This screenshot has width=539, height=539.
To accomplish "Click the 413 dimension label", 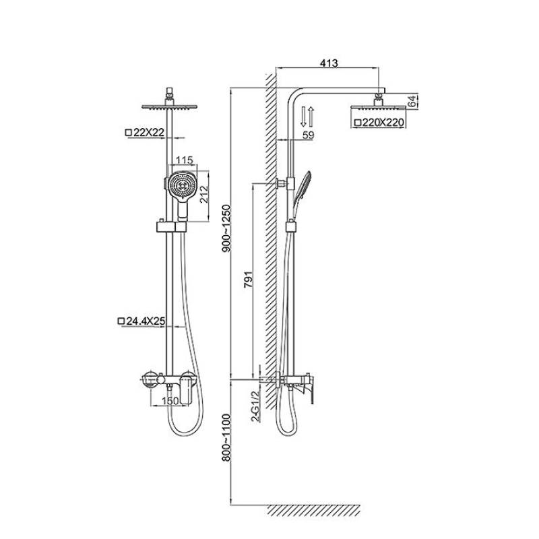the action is (x=329, y=63).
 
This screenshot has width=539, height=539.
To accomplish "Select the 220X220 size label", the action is (x=379, y=123).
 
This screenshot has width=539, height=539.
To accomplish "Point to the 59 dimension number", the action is (x=309, y=135).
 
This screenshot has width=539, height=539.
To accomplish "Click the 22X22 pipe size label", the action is (x=146, y=133).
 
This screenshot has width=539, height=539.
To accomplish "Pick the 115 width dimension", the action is (x=185, y=160).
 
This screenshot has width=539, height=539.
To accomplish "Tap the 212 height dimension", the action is (x=203, y=194).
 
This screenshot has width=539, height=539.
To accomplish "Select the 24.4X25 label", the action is (x=141, y=321).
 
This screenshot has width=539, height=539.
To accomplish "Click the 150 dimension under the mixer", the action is (x=170, y=400).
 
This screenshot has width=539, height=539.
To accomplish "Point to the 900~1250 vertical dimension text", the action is (x=227, y=228).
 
